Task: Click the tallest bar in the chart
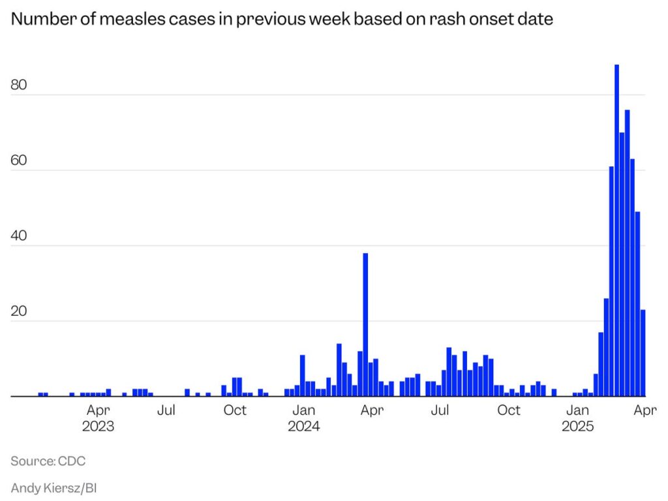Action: coord(616,228)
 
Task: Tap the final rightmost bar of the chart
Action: coord(643,353)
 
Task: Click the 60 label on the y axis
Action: coord(20,161)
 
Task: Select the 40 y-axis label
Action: coord(20,236)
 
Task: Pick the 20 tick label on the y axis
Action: coord(20,312)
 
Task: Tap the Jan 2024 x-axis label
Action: coord(303,418)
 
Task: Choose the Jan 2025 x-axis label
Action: coord(577,418)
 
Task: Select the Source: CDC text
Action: coord(48,461)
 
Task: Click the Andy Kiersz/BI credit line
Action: coord(54,487)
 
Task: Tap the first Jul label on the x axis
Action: coord(166,410)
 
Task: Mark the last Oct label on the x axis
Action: coord(509,410)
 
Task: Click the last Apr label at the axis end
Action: coord(645,410)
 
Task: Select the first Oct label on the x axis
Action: coord(235,410)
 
